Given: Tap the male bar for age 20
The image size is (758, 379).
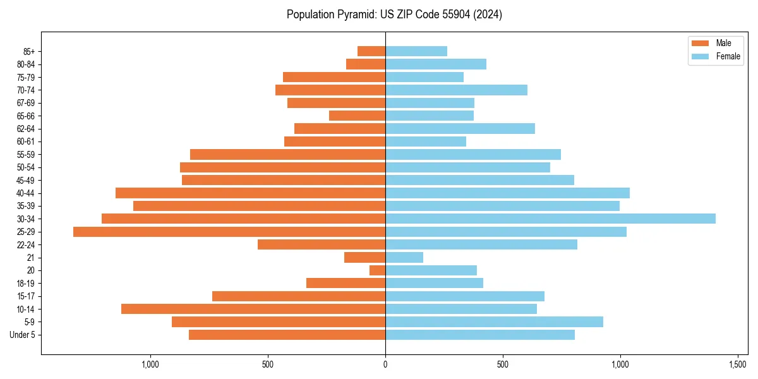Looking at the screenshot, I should click(378, 270).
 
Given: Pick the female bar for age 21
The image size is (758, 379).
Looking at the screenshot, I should click(404, 258).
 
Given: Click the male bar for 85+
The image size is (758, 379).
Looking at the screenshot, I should click(371, 51).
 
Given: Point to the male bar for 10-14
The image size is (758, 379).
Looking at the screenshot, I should click(253, 309).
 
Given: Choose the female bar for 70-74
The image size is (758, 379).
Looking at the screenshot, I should click(456, 90).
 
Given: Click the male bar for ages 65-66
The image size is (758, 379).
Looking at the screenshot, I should click(358, 116).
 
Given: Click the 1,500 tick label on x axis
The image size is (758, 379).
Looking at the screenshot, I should click(738, 365).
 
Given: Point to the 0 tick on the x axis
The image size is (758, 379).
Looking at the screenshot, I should click(385, 365).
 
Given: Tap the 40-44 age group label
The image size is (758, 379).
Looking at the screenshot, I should click(26, 193).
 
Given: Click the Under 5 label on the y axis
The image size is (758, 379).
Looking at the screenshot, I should click(22, 335).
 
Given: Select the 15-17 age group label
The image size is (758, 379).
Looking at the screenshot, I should click(26, 296).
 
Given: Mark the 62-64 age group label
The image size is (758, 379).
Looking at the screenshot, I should click(26, 129).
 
